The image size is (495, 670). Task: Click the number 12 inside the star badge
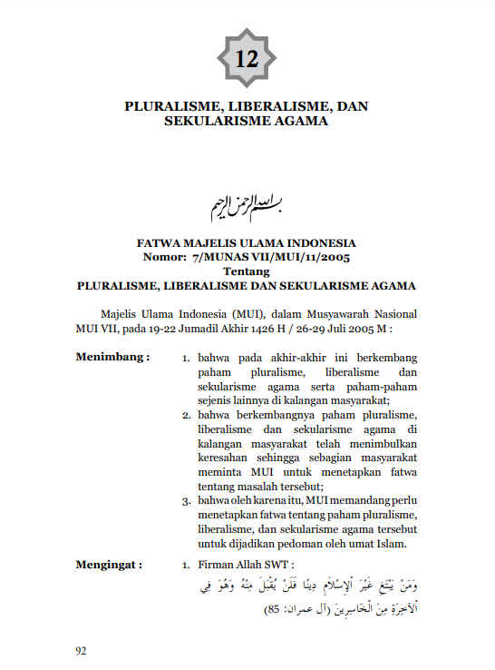247,60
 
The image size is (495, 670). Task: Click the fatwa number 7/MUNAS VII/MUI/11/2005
268,258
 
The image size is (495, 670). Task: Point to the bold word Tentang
247,271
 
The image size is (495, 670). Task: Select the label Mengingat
110,565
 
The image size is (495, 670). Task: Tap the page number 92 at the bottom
83,650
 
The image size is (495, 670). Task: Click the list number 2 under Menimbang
185,415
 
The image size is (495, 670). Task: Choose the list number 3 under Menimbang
185,500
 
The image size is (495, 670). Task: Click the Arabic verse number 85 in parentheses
270,609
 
